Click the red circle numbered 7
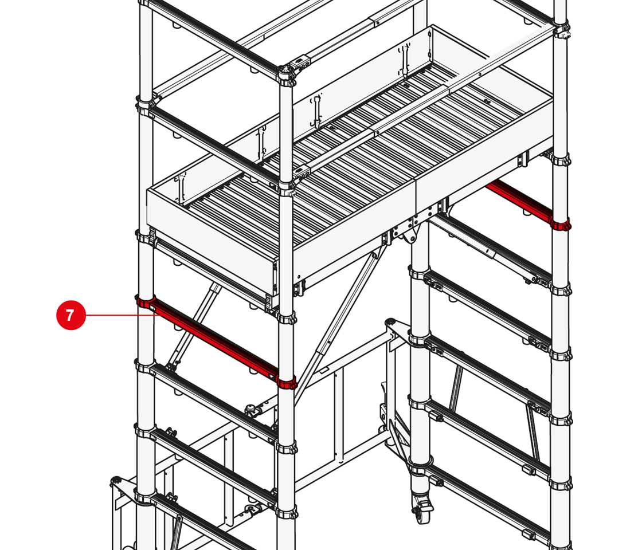[x=71, y=315]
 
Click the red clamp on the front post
[x=286, y=383]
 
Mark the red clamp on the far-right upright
[x=561, y=225]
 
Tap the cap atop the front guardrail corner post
[x=286, y=74]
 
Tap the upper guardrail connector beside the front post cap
[x=302, y=62]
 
